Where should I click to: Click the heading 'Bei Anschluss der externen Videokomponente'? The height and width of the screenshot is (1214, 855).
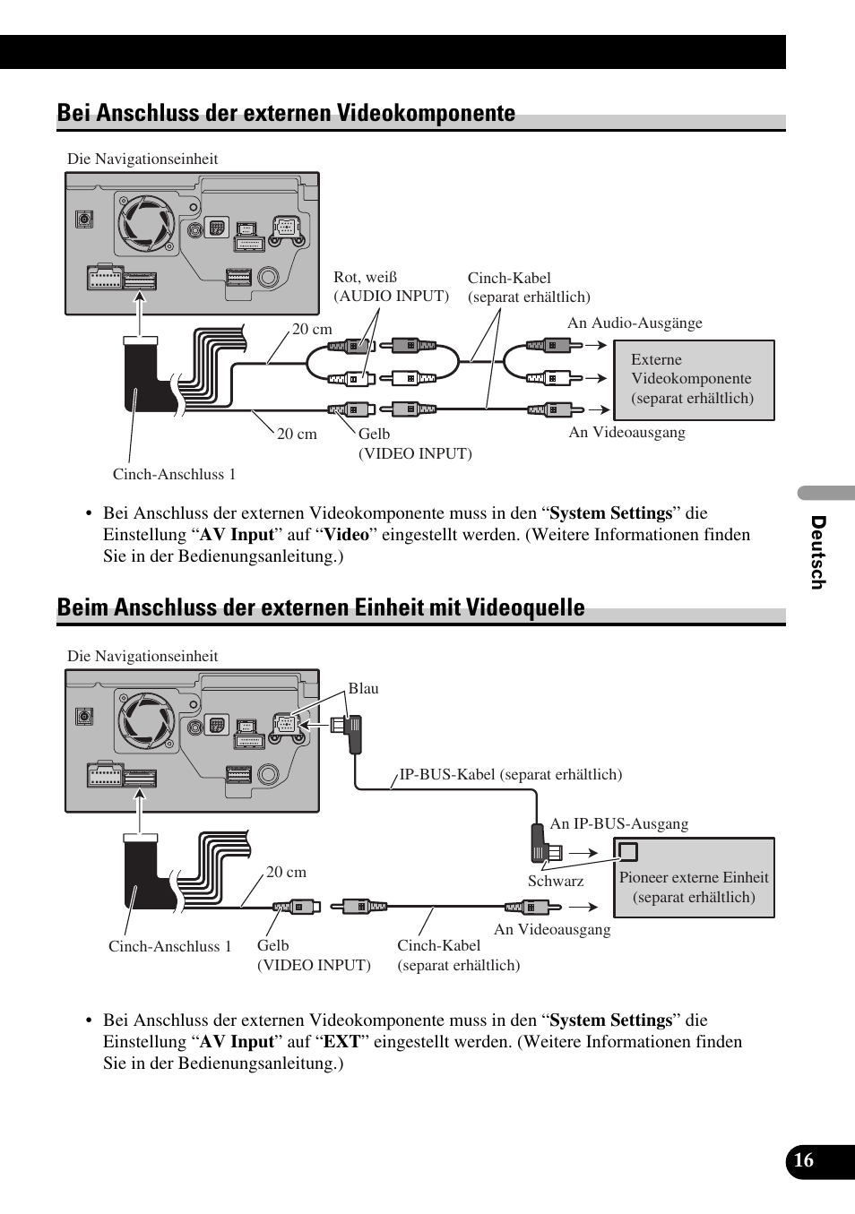[x=286, y=113]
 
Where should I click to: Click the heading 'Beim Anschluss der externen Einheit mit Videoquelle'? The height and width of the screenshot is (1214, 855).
[x=320, y=607]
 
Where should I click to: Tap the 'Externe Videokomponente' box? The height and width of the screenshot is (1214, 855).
[x=694, y=380]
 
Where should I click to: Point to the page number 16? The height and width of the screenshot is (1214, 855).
[x=804, y=1160]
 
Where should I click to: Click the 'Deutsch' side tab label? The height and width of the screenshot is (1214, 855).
[x=817, y=552]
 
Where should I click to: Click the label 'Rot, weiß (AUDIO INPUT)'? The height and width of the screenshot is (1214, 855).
[x=391, y=287]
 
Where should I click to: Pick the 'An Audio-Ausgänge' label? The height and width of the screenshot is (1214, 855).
[x=635, y=323]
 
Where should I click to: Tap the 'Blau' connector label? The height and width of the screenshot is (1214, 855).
[x=363, y=688]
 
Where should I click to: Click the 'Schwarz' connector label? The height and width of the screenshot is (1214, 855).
[x=555, y=881]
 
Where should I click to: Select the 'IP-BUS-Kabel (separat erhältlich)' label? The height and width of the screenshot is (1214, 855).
[x=510, y=774]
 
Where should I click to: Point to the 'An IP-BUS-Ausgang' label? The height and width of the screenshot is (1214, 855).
[x=618, y=823]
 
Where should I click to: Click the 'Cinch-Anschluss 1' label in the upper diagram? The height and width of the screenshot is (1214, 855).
[x=174, y=474]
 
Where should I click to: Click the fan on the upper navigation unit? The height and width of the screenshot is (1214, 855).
[x=147, y=223]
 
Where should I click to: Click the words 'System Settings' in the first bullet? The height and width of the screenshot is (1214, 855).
[x=610, y=513]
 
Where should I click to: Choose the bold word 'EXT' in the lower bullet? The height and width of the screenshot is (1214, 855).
[x=341, y=1042]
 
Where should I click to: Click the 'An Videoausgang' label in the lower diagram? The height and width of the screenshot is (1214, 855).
[x=552, y=929]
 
